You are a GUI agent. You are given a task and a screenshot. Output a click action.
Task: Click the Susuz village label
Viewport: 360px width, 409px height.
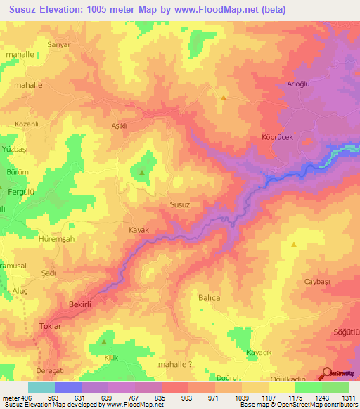point(180,204)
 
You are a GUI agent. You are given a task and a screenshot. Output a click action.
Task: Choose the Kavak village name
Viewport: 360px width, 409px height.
point(139,230)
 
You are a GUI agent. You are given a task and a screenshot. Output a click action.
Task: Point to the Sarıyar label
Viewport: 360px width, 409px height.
point(58,44)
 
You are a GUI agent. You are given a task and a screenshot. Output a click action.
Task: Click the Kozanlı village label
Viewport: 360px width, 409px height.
point(26,124)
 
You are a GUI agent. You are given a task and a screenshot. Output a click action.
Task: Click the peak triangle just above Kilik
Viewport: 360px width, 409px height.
point(104,342)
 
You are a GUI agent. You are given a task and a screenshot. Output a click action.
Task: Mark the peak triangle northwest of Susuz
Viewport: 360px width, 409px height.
point(142,172)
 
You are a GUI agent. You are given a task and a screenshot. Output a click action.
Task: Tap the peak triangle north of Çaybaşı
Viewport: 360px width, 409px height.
point(293,245)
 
